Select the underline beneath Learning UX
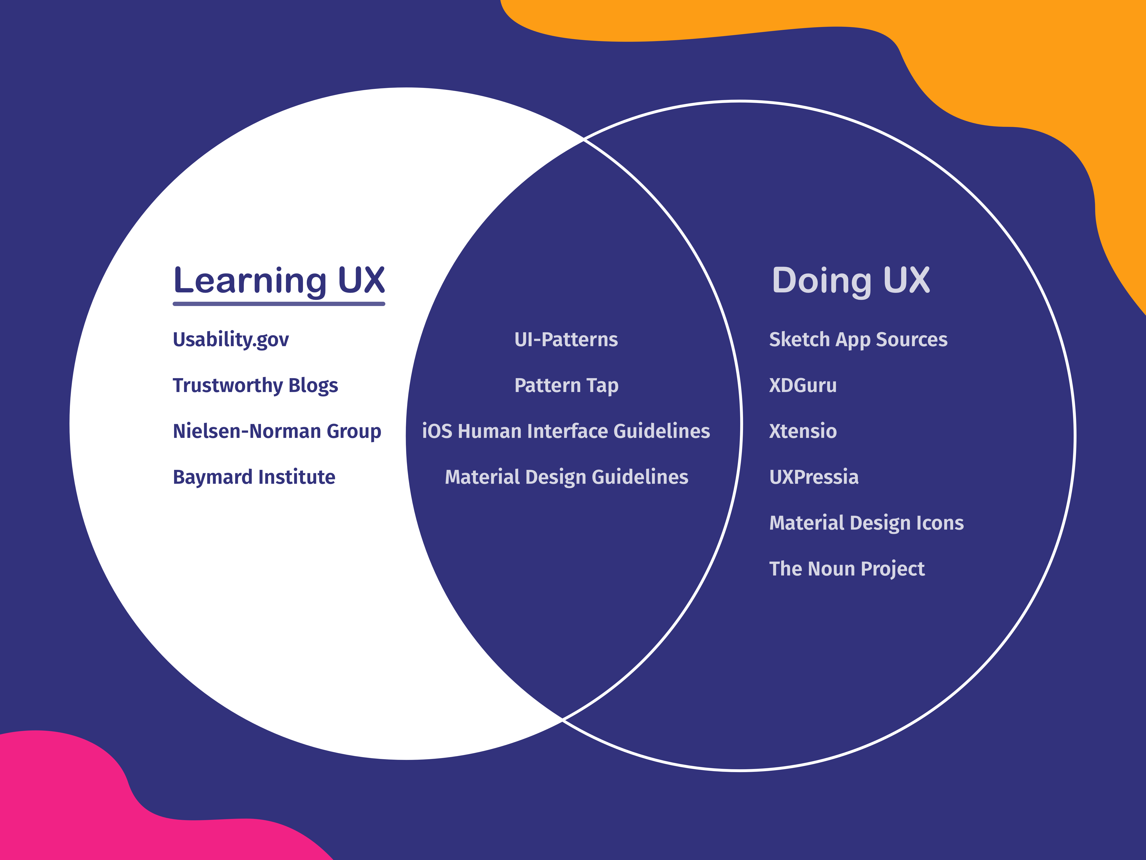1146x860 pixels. (279, 304)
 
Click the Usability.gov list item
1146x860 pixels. (231, 339)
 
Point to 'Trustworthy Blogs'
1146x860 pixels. (255, 385)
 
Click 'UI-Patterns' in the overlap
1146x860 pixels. (566, 339)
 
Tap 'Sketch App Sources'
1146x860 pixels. (858, 339)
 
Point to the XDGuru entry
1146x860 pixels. (802, 385)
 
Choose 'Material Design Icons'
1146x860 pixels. (866, 522)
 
